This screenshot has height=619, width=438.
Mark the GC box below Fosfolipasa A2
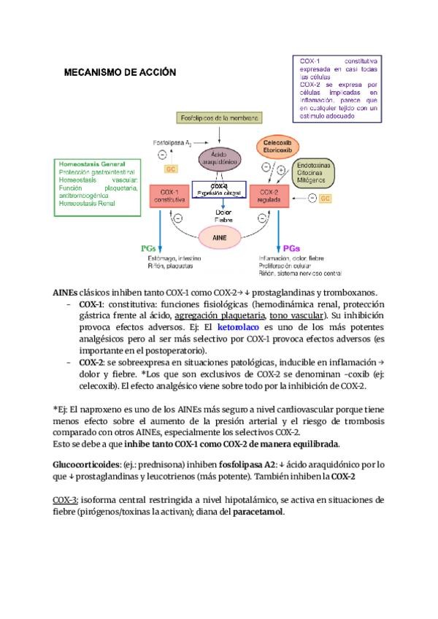tap(170, 169)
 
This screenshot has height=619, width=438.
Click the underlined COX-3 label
tap(66, 500)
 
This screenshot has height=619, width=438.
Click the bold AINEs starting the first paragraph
tap(65, 292)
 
